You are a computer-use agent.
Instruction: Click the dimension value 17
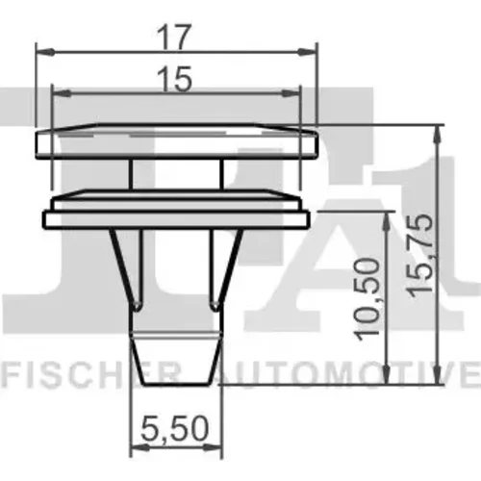click(x=174, y=38)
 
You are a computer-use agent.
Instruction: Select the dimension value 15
click(x=175, y=79)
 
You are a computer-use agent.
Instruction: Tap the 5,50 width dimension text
click(x=175, y=428)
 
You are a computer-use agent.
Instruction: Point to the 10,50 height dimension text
click(x=367, y=299)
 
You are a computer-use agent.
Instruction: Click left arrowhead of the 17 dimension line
click(x=45, y=51)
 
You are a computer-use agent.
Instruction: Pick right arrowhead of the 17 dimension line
click(x=307, y=51)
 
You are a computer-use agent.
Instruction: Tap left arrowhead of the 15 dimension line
click(x=62, y=93)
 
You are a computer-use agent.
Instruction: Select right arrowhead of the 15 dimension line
click(x=291, y=93)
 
